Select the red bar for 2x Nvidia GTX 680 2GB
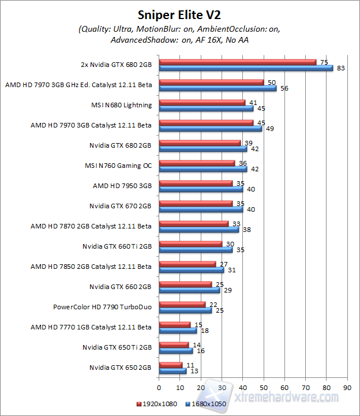(238, 62)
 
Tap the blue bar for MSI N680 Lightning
(206, 108)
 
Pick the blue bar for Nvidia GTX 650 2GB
(172, 370)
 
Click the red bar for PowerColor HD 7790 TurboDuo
(182, 304)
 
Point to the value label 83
(341, 68)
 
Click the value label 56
(284, 88)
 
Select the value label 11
(190, 365)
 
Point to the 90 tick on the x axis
(347, 388)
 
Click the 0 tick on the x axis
(159, 388)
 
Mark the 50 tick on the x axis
(263, 388)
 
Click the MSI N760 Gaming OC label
(118, 166)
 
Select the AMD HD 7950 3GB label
(122, 186)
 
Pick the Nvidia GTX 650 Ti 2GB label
(117, 347)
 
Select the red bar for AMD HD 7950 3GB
(196, 183)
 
